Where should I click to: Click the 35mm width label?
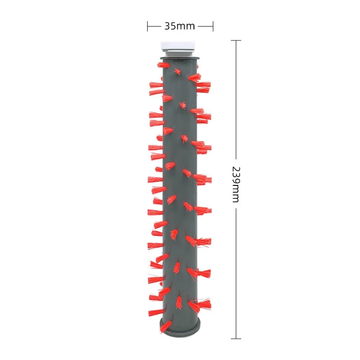(180, 26)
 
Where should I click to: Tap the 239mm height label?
(235, 184)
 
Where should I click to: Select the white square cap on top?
(179, 45)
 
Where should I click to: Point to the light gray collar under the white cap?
(180, 53)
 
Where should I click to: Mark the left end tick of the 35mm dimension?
(148, 26)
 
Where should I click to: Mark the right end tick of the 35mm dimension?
(213, 26)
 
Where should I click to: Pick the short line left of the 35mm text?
(154, 26)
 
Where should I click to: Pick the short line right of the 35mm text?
(205, 26)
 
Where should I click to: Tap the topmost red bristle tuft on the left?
(163, 64)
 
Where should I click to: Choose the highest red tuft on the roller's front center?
(178, 72)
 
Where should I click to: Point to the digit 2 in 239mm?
(235, 170)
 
